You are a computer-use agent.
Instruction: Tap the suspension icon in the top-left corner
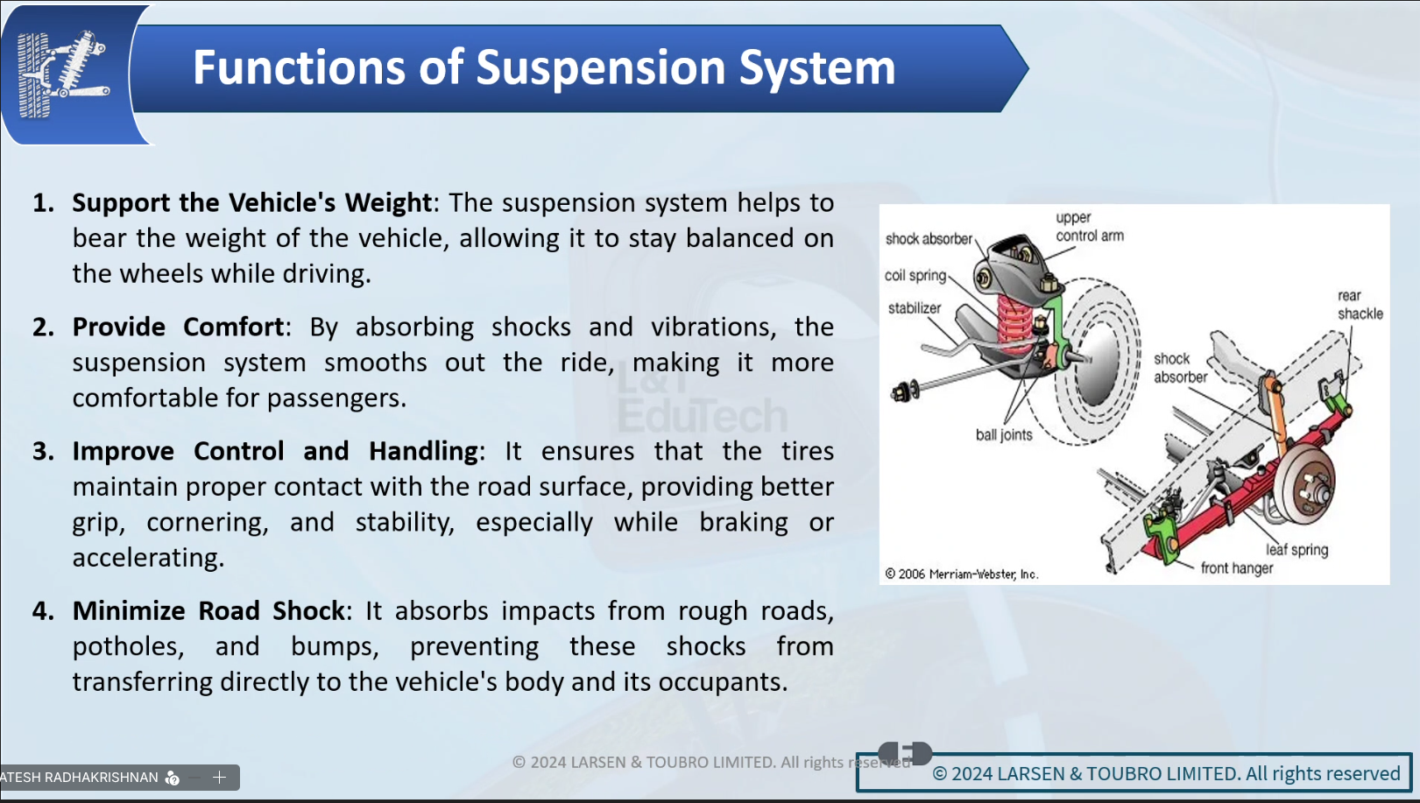pyautogui.click(x=63, y=74)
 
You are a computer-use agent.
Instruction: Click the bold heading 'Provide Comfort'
pyautogui.click(x=179, y=327)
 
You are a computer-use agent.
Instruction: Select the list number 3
pyautogui.click(x=43, y=451)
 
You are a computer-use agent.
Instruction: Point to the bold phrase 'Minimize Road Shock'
pyautogui.click(x=208, y=610)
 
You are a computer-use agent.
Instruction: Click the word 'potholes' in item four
pyautogui.click(x=127, y=646)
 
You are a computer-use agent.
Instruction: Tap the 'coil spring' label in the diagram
pyautogui.click(x=915, y=275)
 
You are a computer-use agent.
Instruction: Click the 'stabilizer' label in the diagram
pyautogui.click(x=914, y=308)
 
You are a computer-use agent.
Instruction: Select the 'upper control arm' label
pyautogui.click(x=1088, y=227)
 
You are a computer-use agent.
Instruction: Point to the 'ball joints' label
pyautogui.click(x=1004, y=434)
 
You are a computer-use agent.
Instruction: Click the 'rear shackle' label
pyautogui.click(x=1360, y=305)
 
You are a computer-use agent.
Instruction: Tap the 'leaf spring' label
pyautogui.click(x=1296, y=549)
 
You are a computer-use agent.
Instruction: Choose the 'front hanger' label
pyautogui.click(x=1236, y=568)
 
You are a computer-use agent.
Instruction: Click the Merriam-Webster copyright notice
pyautogui.click(x=961, y=574)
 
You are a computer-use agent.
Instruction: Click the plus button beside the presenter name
pyautogui.click(x=220, y=777)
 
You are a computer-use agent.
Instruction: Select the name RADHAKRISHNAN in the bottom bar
pyautogui.click(x=101, y=777)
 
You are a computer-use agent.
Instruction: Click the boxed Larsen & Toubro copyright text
pyautogui.click(x=1165, y=773)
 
